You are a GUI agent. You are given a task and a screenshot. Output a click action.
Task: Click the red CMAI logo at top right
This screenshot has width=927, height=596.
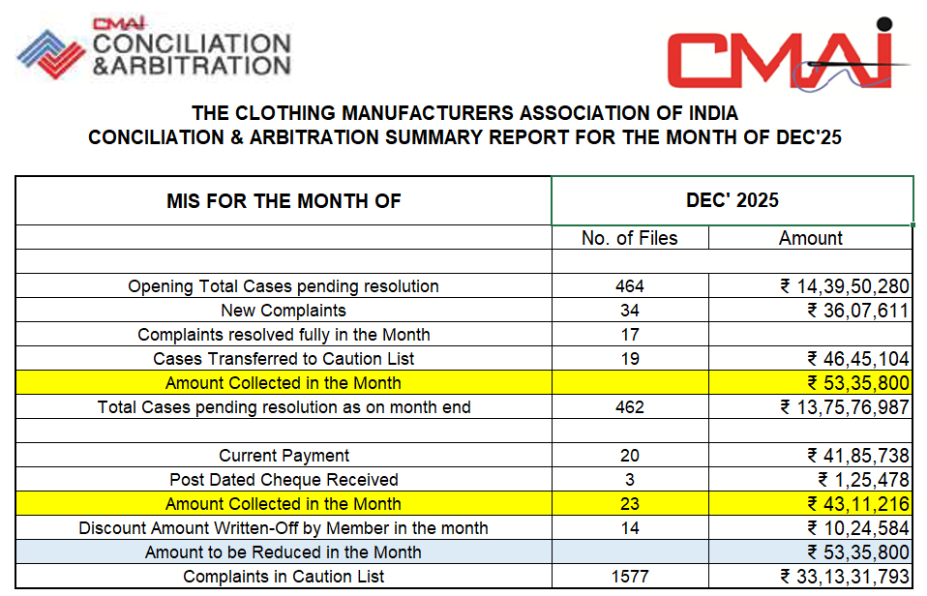789,57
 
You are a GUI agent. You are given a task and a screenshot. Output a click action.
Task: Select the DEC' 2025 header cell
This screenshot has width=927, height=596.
732,200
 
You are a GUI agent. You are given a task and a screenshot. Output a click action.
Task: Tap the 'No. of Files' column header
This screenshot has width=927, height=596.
629,238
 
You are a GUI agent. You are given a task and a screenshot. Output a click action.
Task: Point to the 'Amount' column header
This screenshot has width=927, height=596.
810,238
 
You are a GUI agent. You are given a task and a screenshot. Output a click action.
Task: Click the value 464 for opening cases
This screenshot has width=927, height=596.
629,286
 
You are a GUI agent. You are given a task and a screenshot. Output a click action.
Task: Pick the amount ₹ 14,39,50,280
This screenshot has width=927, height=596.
845,286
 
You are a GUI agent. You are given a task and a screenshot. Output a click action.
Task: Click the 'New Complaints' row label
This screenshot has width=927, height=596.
284,311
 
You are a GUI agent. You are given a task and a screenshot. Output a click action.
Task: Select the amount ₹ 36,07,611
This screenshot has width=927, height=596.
858,311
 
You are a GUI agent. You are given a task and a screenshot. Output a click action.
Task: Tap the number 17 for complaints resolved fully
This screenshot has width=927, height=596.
629,335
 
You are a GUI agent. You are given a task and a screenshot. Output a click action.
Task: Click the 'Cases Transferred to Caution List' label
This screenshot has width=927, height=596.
284,359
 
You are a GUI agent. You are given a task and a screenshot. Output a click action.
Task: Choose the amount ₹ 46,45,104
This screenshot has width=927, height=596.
858,359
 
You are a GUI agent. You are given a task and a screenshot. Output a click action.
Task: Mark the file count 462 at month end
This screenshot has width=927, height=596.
629,407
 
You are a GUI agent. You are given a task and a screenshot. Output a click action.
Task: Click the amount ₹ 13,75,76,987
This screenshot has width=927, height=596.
845,407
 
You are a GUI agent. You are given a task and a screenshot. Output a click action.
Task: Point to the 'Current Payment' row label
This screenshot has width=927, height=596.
284,456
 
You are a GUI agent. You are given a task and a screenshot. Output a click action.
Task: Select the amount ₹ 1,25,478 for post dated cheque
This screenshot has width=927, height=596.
862,480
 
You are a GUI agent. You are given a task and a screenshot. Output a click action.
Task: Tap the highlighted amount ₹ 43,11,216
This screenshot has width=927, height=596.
858,504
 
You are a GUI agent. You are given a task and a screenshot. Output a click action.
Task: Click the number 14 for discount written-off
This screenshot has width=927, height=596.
629,528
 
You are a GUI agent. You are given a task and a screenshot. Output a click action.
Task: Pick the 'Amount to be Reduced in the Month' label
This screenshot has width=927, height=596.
284,552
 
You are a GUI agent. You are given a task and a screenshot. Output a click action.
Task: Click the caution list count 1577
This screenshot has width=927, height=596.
629,577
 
